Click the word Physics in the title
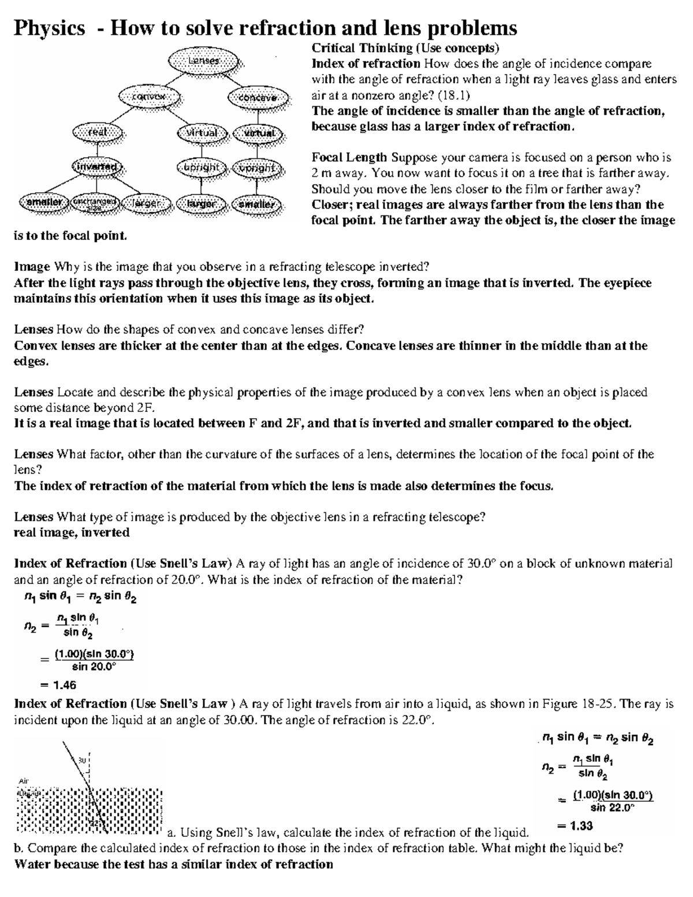(49, 28)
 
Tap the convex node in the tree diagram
(150, 96)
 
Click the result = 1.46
(58, 686)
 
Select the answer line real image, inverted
(72, 533)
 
